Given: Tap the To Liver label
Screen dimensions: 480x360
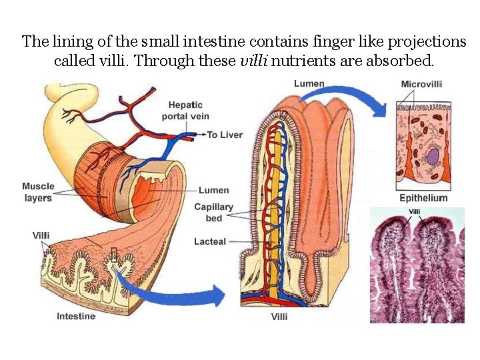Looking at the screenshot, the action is click(225, 135).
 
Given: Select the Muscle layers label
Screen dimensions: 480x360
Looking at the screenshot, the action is click(38, 192).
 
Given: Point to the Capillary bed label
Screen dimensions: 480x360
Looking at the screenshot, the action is click(213, 212).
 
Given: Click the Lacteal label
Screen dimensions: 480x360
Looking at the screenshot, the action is click(210, 241).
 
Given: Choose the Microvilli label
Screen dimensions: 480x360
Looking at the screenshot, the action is click(421, 84).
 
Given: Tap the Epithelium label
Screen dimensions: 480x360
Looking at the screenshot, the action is click(423, 198).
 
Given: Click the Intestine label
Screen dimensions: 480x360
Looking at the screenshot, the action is click(76, 316).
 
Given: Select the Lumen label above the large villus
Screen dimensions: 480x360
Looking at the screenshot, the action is click(309, 83).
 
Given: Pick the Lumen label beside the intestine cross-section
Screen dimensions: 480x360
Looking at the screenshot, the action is click(213, 191).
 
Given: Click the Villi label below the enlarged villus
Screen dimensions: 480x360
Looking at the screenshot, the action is click(279, 317).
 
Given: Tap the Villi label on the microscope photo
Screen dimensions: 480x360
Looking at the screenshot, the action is click(414, 212).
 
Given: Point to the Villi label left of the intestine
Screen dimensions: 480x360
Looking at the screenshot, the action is click(41, 235).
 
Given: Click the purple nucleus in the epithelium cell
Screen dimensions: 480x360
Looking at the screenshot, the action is click(433, 158).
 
